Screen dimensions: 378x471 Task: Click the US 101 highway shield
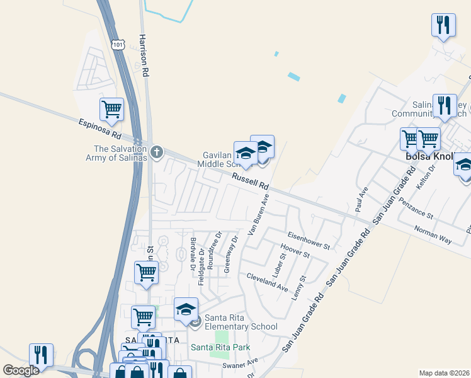pyautogui.click(x=118, y=44)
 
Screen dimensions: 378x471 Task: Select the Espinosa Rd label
pyautogui.click(x=99, y=128)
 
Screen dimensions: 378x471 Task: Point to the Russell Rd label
pyautogui.click(x=250, y=181)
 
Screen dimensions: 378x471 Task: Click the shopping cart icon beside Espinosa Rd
pyautogui.click(x=111, y=110)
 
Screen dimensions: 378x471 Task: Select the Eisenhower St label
pyautogui.click(x=309, y=241)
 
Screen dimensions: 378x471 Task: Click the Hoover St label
pyautogui.click(x=295, y=251)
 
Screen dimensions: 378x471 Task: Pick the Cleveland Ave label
pyautogui.click(x=267, y=282)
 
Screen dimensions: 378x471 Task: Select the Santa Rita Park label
pyautogui.click(x=220, y=347)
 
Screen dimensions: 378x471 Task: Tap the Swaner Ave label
pyautogui.click(x=244, y=364)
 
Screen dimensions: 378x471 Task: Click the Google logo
pyautogui.click(x=21, y=370)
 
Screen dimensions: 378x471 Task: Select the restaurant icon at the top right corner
pyautogui.click(x=444, y=25)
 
